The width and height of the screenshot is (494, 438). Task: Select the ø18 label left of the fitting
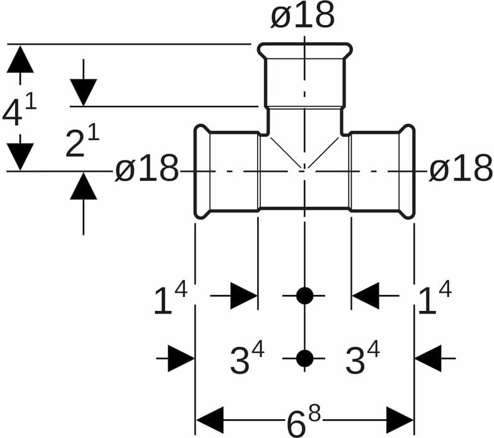click(x=147, y=170)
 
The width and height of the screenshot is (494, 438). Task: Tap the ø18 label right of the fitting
click(x=460, y=169)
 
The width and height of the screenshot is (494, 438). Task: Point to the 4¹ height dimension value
click(x=20, y=112)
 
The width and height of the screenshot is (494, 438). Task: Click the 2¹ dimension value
click(x=83, y=144)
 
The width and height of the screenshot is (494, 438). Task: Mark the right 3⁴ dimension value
click(x=363, y=360)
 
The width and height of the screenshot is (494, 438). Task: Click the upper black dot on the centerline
click(x=304, y=295)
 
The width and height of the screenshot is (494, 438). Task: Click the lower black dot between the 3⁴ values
click(x=304, y=358)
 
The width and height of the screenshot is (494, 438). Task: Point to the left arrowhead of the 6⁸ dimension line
click(x=210, y=420)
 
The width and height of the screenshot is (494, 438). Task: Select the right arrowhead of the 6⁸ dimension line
click(x=399, y=420)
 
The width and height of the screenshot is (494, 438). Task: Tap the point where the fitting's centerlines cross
click(x=304, y=170)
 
